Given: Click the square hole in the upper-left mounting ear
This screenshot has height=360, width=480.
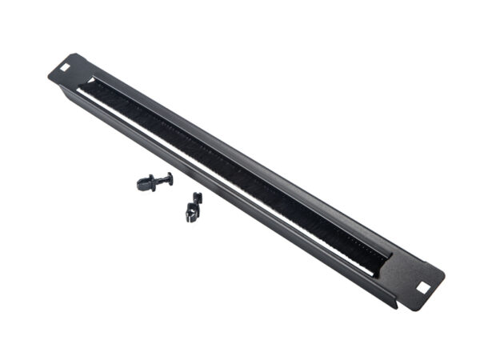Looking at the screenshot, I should pos(64,68).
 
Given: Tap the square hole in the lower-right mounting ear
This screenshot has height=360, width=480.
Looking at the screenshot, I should pos(422,283).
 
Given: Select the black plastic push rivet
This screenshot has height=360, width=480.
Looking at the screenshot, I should pos(154,182).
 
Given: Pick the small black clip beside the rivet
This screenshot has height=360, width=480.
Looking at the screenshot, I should pos(193,206).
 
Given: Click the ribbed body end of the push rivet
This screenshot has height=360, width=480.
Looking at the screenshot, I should pos(145,184).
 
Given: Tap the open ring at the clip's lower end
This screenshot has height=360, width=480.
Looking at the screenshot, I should pos(191,214).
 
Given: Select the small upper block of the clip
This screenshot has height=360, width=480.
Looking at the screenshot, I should pos(197,197).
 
